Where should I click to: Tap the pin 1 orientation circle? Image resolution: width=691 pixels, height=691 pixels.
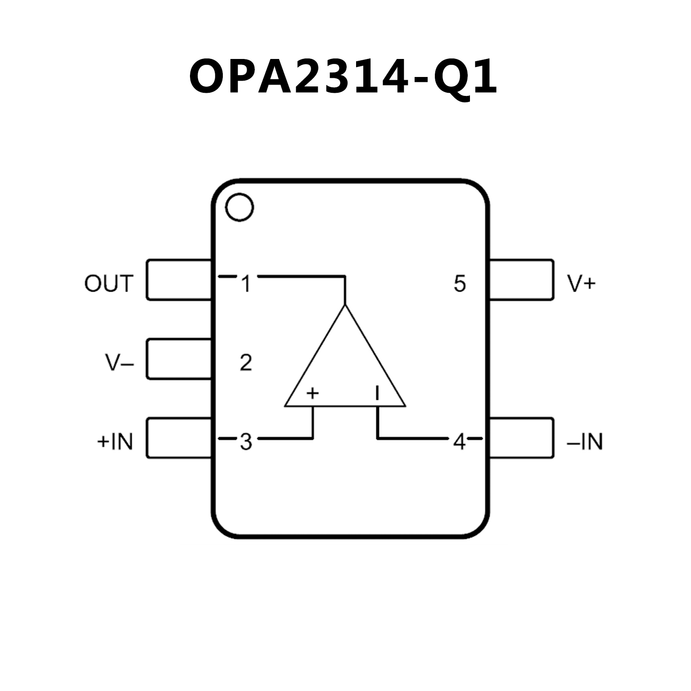point(239,207)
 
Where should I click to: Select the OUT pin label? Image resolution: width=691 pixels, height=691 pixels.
point(109,284)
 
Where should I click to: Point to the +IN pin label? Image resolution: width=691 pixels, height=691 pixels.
point(115,442)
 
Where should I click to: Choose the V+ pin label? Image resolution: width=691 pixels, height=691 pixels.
point(581,284)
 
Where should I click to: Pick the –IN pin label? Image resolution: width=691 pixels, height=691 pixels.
point(585,442)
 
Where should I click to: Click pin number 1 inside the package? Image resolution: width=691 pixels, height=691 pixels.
point(246,284)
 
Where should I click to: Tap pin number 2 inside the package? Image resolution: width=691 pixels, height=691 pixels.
point(246,362)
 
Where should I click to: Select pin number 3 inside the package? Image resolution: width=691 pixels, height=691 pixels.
point(246,442)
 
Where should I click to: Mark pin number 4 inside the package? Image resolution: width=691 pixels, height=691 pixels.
point(459,442)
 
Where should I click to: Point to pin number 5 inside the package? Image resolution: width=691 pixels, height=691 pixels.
point(459,284)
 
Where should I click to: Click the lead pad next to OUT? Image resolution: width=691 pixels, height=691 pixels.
point(179,280)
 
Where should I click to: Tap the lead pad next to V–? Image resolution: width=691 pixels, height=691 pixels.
point(179,359)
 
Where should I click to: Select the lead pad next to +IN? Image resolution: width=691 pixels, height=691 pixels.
point(179,438)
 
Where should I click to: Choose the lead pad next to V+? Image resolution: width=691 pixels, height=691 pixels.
point(521,280)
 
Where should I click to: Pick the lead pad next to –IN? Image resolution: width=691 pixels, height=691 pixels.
point(521,438)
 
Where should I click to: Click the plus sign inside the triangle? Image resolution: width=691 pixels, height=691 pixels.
point(312,393)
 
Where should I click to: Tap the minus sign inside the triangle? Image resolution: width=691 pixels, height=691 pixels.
point(377,393)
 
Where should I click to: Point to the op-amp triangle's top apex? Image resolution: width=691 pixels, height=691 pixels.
point(345,306)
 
